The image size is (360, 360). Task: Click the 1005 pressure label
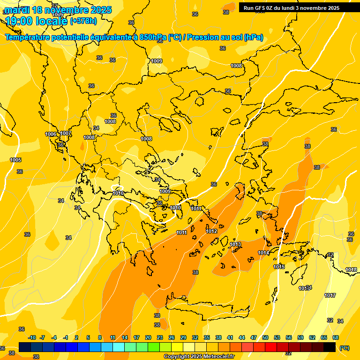[x=15, y=160]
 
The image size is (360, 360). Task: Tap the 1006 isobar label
[x=51, y=135]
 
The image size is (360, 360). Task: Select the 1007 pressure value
[x=66, y=134]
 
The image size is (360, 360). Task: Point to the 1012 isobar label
[x=211, y=231]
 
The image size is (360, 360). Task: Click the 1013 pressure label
[x=235, y=244]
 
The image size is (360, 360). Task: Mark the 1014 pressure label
[x=263, y=253]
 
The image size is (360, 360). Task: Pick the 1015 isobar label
[x=279, y=267]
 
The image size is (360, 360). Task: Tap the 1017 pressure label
[x=330, y=295]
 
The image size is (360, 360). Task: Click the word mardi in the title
[x=18, y=10]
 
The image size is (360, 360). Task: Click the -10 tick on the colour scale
[x=32, y=337]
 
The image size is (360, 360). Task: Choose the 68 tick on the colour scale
[x=336, y=337]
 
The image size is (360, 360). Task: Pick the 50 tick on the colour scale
[x=265, y=337]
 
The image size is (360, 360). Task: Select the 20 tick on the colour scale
[x=148, y=337]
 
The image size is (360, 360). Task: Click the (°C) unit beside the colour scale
[x=344, y=347]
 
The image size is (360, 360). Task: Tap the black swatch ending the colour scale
[x=330, y=347]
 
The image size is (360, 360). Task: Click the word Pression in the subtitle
[x=202, y=37]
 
